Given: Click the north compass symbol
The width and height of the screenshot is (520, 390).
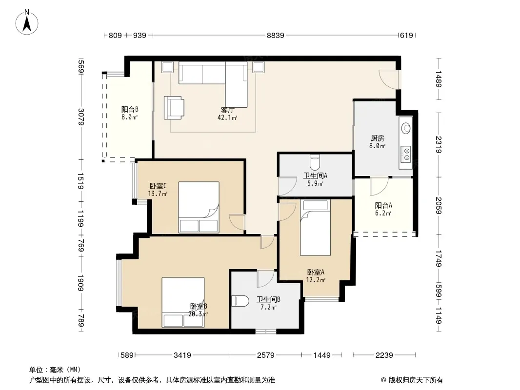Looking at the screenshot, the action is point(27,22).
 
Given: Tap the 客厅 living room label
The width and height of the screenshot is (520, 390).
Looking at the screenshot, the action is point(228,110).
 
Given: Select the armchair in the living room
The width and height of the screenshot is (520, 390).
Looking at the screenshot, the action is point(174,108).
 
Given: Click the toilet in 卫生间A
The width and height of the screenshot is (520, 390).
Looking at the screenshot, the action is point(315,162).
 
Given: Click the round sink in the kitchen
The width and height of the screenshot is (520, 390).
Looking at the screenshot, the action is point(405,128).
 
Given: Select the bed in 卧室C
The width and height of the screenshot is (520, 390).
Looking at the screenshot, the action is point(199,207).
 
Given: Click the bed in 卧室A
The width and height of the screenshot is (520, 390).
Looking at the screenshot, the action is point(315,228).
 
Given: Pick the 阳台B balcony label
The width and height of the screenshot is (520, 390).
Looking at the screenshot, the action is point(130,109).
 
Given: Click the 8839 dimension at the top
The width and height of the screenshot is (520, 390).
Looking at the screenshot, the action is point(275,35).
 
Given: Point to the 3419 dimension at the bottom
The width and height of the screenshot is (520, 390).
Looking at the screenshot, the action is point(182,355).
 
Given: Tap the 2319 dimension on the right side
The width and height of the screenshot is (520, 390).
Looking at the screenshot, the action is point(439,145).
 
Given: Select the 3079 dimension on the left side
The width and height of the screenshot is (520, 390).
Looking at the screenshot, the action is point(81,117).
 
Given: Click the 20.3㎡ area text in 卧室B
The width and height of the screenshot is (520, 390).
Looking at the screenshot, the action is point(198,314).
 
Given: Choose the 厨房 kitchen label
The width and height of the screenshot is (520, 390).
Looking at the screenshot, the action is point(378,138).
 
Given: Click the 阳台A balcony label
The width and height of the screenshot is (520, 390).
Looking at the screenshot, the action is point(383,205).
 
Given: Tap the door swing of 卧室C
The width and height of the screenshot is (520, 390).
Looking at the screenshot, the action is point(237,222).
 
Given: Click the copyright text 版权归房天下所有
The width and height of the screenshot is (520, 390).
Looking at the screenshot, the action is point(416,380).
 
